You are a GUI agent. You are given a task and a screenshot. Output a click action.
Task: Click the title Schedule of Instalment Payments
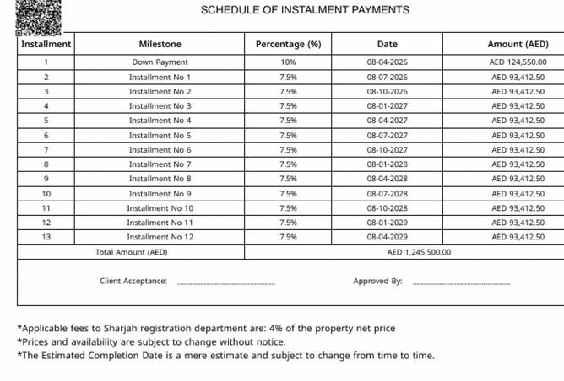pyautogui.click(x=305, y=10)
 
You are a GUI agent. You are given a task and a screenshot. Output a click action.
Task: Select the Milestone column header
pyautogui.click(x=160, y=44)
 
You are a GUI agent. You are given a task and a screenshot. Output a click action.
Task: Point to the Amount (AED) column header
pyautogui.click(x=518, y=44)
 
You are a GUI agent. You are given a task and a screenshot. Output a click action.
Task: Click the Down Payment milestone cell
pyautogui.click(x=160, y=62)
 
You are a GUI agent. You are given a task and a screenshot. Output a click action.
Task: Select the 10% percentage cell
pyautogui.click(x=288, y=62)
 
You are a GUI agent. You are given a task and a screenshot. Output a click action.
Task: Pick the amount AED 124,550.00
pyautogui.click(x=518, y=62)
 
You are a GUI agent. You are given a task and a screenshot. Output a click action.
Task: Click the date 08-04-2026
pyautogui.click(x=388, y=62)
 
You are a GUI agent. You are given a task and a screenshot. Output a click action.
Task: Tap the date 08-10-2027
pyautogui.click(x=388, y=150)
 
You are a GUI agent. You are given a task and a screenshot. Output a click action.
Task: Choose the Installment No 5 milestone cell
pyautogui.click(x=160, y=136)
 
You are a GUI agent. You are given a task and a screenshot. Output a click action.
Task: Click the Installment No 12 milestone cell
pyautogui.click(x=160, y=238)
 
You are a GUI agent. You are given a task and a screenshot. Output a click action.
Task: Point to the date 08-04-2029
pyautogui.click(x=388, y=238)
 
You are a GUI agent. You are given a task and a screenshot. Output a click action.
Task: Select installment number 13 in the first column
pyautogui.click(x=46, y=238)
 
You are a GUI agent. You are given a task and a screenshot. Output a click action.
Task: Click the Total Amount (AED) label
pyautogui.click(x=132, y=252)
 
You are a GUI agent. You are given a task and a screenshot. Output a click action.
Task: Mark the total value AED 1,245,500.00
pyautogui.click(x=419, y=252)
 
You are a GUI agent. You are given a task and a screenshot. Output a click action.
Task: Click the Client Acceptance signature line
pyautogui.click(x=225, y=282)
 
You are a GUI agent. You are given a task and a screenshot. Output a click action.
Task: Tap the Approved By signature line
pyautogui.click(x=461, y=282)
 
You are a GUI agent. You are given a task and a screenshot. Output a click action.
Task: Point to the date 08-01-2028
pyautogui.click(x=388, y=164)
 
